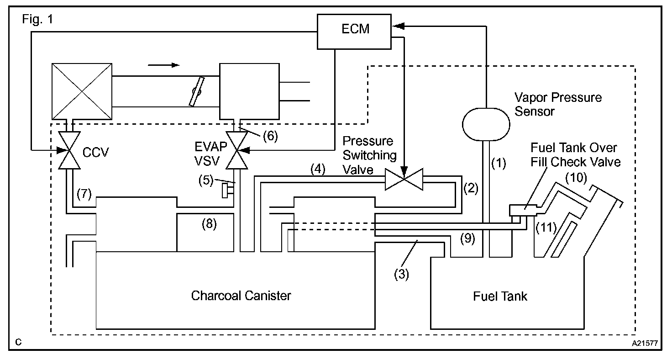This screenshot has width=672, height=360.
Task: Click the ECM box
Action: click(354, 32)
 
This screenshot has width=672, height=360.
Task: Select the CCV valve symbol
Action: click(69, 150)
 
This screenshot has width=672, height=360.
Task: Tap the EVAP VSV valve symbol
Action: click(236, 150)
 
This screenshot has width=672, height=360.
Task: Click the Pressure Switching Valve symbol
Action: click(404, 179)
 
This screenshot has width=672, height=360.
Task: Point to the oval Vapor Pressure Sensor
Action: click(486, 124)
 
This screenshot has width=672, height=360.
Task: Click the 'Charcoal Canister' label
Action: click(241, 296)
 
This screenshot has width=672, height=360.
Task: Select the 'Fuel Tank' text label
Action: click(500, 296)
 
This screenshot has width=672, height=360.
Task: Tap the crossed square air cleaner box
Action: click(82, 91)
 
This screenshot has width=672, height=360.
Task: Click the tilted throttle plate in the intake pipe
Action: click(196, 91)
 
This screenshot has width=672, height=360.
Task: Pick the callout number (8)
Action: click(209, 224)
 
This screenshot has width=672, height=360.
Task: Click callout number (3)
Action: click(401, 275)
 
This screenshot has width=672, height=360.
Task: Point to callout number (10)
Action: click(576, 178)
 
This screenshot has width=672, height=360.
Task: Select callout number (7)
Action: click(84, 194)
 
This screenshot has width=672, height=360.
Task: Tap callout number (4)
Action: click(318, 169)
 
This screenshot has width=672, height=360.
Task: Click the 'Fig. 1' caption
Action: click(37, 19)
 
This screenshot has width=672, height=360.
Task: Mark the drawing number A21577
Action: click(645, 343)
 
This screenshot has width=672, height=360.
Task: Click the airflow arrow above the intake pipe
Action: click(164, 65)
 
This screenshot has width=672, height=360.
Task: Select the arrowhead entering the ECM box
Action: click(398, 26)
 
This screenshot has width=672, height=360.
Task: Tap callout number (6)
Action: click(270, 136)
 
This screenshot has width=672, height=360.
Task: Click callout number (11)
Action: click(546, 228)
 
